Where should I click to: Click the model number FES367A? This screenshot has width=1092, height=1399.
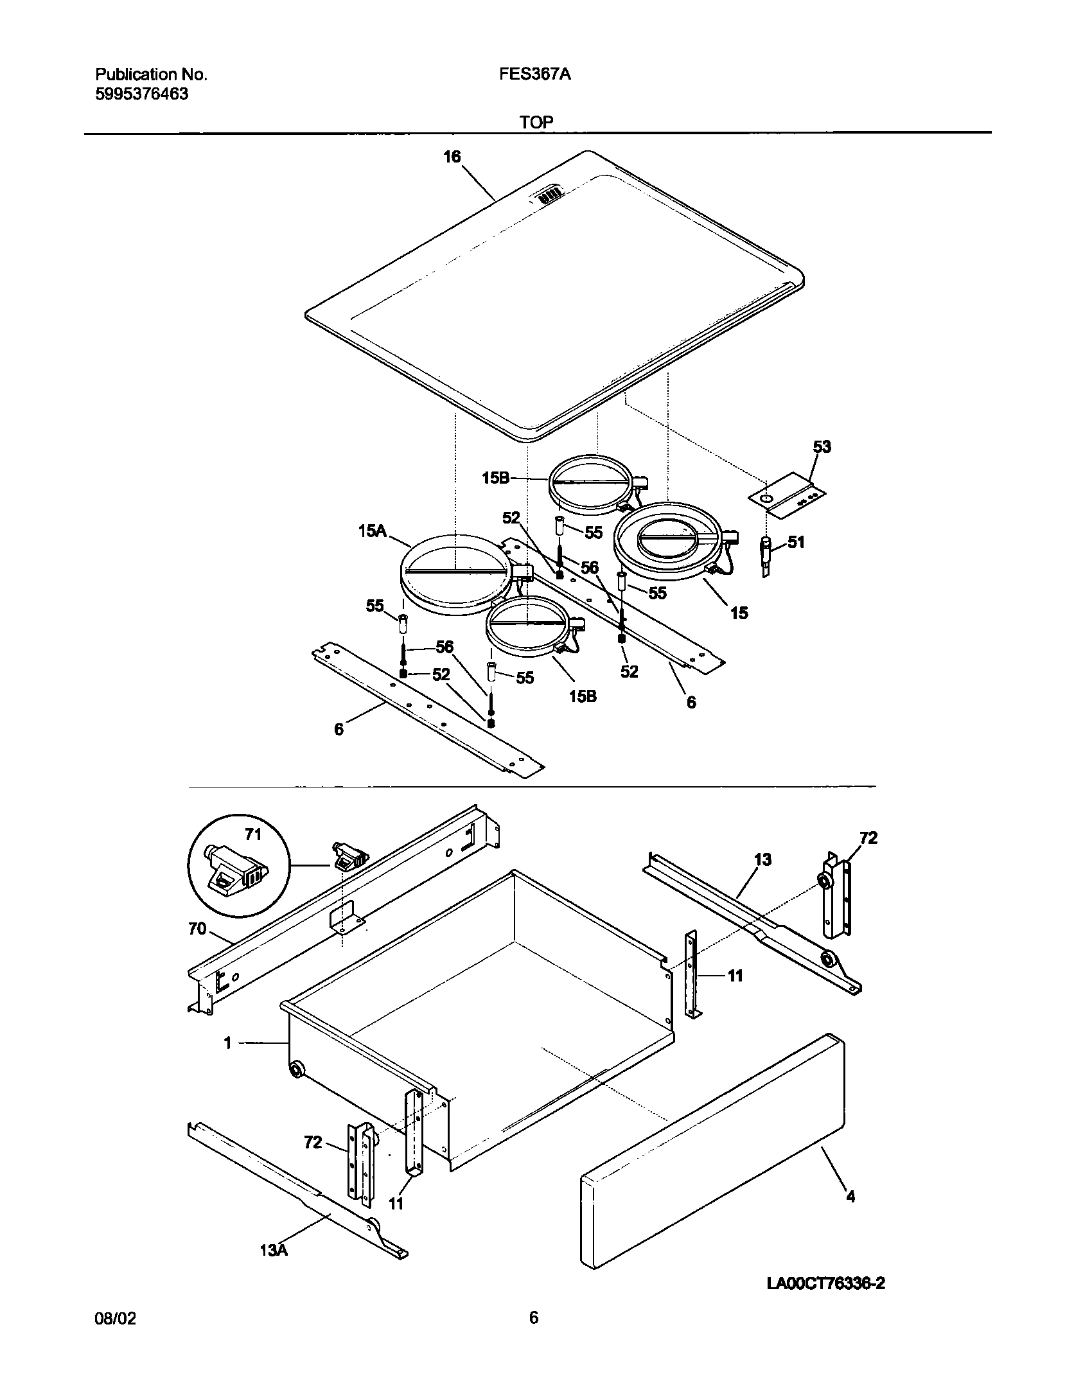(535, 75)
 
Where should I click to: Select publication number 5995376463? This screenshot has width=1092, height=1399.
(142, 94)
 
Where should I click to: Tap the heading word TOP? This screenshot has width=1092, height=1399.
(537, 122)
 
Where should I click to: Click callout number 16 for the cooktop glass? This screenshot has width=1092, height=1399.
(452, 157)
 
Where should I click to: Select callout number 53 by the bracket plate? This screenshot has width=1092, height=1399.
(822, 446)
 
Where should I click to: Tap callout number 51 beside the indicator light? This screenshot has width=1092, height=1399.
(796, 542)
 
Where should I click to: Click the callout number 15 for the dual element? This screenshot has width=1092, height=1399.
(739, 613)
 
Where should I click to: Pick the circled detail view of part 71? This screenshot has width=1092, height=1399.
(239, 867)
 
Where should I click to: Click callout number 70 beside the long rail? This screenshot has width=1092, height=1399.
(197, 929)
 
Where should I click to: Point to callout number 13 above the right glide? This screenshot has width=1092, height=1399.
(762, 859)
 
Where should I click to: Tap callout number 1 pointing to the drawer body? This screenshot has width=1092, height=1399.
(227, 1043)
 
